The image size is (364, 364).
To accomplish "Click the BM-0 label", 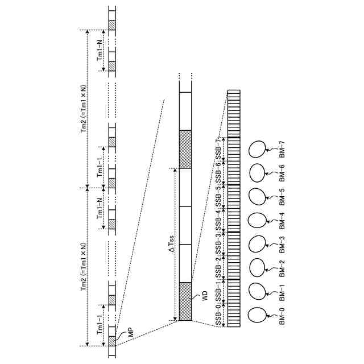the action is click(282, 316).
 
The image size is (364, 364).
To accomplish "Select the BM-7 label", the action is click(282, 150).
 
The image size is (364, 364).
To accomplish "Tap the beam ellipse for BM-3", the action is click(257, 244).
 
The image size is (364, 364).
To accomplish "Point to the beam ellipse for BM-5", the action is click(257, 196).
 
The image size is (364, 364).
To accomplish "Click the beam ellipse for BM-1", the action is click(257, 291).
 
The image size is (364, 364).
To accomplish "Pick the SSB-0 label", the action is click(218, 315).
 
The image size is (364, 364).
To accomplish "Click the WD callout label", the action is click(205, 296).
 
